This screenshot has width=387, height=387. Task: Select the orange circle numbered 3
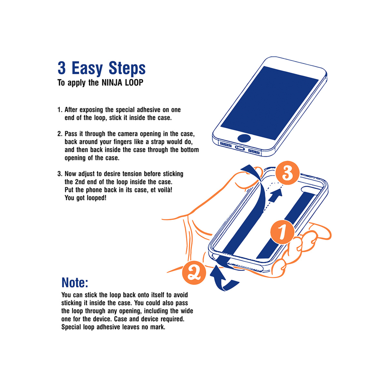(x=287, y=174)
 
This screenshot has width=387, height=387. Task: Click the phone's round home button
(x=244, y=138)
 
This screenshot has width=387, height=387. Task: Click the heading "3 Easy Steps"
(x=102, y=68)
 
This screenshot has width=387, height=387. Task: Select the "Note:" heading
(x=74, y=283)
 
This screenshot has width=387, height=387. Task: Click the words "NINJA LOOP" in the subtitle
(x=122, y=83)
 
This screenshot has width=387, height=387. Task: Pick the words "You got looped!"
(x=85, y=198)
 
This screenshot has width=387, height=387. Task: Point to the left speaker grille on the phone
(x=225, y=144)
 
